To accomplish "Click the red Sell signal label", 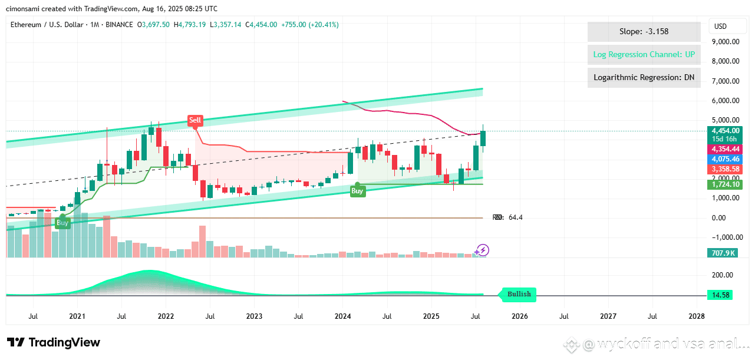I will (195, 120).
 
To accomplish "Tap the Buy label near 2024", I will (357, 191).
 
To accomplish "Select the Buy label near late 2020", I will (62, 223).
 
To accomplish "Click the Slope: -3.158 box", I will (644, 32).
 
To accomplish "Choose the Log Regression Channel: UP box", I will (644, 55).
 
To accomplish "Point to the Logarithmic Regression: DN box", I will (644, 77).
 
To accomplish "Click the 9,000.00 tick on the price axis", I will (726, 41).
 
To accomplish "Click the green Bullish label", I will (519, 294).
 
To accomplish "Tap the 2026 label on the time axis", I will (519, 316).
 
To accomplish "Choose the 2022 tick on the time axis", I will (166, 316).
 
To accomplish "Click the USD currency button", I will (720, 27).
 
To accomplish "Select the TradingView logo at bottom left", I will (54, 342).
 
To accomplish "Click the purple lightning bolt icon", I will (483, 250).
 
